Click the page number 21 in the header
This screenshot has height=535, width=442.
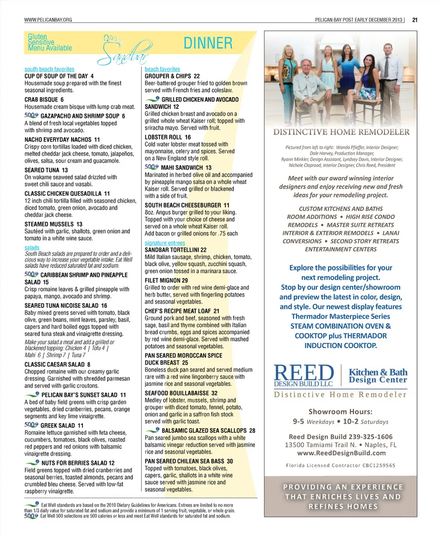(414, 19)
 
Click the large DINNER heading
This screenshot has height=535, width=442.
(208, 43)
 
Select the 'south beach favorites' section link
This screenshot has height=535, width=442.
(49, 69)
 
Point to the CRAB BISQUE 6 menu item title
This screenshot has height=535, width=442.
(44, 100)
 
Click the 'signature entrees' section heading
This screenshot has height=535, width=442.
(165, 243)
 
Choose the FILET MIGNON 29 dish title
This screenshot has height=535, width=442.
(166, 280)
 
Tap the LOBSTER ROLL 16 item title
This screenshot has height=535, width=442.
(168, 137)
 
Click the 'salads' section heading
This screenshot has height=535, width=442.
(32, 248)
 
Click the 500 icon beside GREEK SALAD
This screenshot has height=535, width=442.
(31, 425)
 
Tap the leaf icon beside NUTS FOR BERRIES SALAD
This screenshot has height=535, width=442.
(32, 462)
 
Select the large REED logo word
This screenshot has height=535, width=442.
(303, 373)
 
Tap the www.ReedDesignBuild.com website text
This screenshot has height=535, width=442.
(340, 453)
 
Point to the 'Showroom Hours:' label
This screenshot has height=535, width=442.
(340, 412)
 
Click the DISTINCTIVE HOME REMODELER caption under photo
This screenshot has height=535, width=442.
(341, 132)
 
